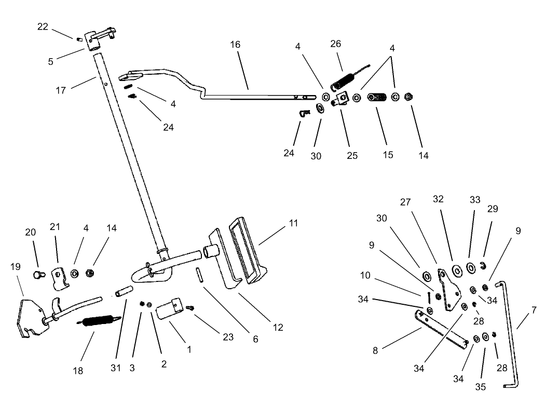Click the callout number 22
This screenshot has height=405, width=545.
pyautogui.click(x=43, y=26)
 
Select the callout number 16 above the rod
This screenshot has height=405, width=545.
pyautogui.click(x=235, y=45)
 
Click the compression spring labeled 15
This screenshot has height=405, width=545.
pyautogui.click(x=377, y=98)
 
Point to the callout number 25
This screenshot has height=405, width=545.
pyautogui.click(x=352, y=155)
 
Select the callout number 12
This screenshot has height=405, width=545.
pyautogui.click(x=278, y=327)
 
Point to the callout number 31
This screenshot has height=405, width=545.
pyautogui.click(x=115, y=368)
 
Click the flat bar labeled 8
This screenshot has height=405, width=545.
pyautogui.click(x=441, y=328)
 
